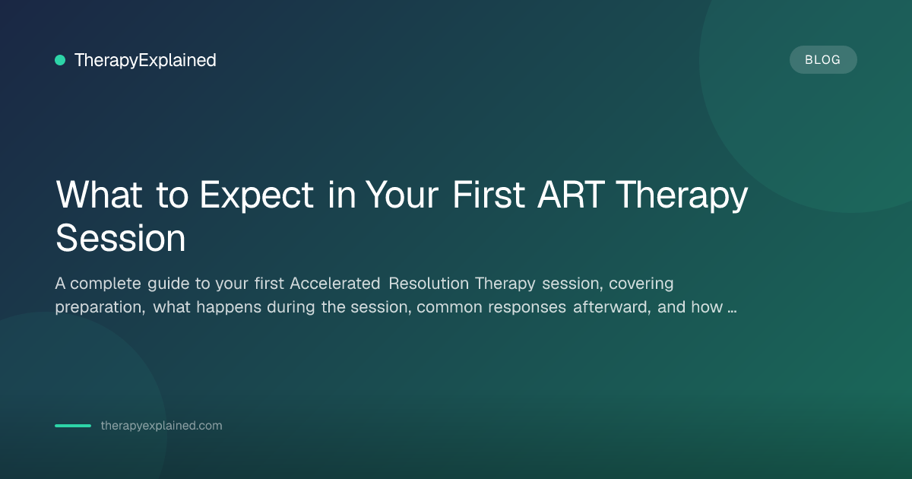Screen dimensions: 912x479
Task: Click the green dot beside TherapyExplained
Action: tap(60, 60)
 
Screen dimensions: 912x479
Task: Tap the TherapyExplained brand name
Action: tap(145, 60)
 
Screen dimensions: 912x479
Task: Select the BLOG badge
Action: tap(823, 60)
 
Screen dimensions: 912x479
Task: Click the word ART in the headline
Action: tap(571, 195)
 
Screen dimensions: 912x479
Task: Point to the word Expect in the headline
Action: tap(257, 197)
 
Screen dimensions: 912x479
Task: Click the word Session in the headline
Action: tap(121, 239)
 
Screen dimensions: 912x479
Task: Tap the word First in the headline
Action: tap(489, 195)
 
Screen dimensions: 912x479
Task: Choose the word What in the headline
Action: tap(99, 195)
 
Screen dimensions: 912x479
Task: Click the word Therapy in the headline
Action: tap(682, 197)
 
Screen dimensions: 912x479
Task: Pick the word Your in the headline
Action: tap(401, 195)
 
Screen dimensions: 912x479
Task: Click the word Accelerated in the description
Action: tap(334, 284)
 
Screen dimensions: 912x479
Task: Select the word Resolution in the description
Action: tap(429, 284)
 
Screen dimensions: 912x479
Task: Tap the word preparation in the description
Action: tap(100, 308)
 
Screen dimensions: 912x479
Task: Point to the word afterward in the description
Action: tap(612, 307)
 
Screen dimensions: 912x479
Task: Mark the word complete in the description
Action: tap(106, 284)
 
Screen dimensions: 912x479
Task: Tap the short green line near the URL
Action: tap(73, 426)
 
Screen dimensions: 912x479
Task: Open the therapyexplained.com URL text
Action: tap(161, 426)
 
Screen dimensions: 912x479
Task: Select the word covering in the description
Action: tap(641, 284)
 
